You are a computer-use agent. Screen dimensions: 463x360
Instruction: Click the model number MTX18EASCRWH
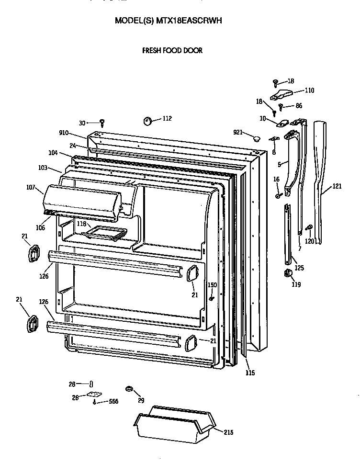(x=189, y=21)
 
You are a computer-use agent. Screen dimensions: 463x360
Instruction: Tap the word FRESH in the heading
(x=152, y=50)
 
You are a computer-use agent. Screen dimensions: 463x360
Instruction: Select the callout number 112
(x=167, y=118)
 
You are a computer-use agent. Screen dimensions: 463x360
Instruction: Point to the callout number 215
(x=228, y=432)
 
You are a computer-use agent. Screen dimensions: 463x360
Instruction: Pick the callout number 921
(x=238, y=132)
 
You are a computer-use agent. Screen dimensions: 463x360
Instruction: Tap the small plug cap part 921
(x=256, y=138)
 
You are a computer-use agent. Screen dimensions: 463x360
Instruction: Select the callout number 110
(x=309, y=90)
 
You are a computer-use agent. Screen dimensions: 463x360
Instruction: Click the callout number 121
(x=337, y=186)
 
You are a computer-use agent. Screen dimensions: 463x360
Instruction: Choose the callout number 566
(x=113, y=401)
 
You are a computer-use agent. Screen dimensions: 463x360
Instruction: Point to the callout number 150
(x=212, y=285)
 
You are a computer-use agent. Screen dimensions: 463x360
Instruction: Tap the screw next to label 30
(x=102, y=123)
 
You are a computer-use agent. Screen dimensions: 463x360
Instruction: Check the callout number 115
(x=250, y=373)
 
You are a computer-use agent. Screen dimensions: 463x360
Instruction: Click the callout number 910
(x=64, y=133)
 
